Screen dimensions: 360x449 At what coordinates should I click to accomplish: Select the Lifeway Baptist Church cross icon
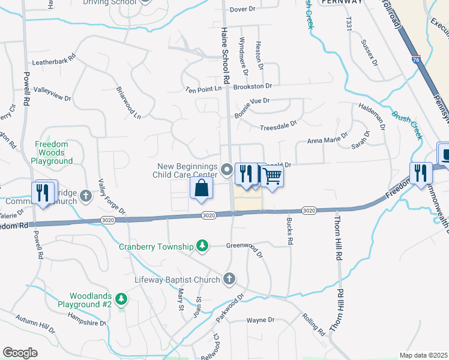228,278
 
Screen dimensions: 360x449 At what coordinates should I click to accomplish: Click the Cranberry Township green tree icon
203,246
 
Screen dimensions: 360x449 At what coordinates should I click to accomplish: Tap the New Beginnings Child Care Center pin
227,170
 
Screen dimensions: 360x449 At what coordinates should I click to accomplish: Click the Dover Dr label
243,10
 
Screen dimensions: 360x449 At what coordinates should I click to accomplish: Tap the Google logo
20,353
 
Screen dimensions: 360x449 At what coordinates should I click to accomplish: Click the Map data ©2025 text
424,355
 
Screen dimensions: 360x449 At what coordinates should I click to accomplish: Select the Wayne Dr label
260,320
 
